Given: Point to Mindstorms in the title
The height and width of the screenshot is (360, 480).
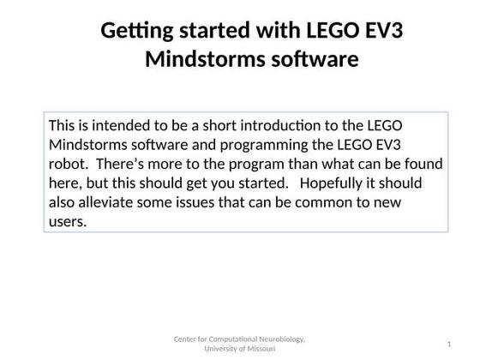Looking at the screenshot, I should [x=194, y=61].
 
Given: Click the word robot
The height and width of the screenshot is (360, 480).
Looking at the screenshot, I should [x=67, y=164].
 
